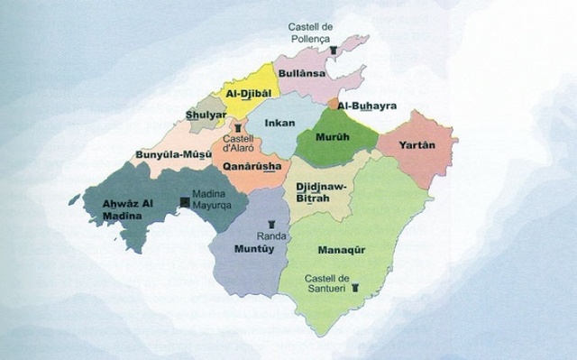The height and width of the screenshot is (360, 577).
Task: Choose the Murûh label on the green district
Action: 329,140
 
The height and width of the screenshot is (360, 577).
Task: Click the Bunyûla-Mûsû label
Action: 172,154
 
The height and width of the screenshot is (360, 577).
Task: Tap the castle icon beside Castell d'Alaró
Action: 237,128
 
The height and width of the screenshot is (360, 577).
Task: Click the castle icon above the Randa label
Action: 271,221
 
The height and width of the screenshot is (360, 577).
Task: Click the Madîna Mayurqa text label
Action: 215,208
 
